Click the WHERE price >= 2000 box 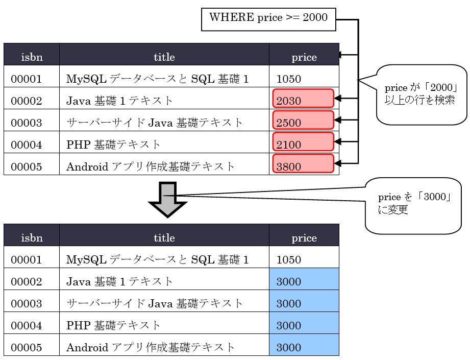pos(268,19)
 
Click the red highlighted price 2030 pos(303,98)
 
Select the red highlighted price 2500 pos(303,120)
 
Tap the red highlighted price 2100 pos(303,142)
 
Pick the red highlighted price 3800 pos(303,164)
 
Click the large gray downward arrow pos(167,199)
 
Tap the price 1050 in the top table pos(289,79)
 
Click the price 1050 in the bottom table pos(289,259)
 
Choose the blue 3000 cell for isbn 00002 pos(304,279)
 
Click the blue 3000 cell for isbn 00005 pos(304,345)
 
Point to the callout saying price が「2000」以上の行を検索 pos(421,94)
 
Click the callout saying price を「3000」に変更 pos(413,206)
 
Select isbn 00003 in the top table pos(27,123)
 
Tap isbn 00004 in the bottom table pos(27,325)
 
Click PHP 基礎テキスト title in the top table pos(113,145)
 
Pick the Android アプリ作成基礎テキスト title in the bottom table pos(150,347)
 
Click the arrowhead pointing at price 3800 pos(338,163)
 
